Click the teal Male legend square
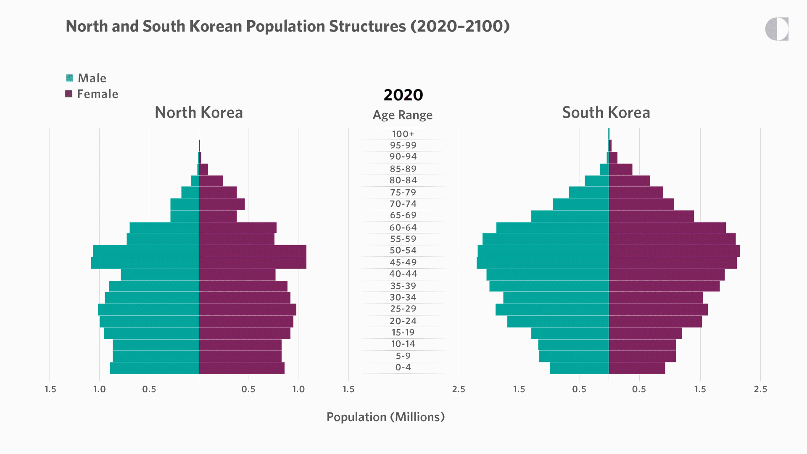point(70,78)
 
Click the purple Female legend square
point(69,94)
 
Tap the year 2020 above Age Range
point(403,95)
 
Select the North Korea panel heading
point(199,113)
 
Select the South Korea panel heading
point(606,113)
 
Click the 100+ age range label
point(403,134)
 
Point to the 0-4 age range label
point(403,367)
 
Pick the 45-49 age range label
point(403,262)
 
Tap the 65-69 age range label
point(403,215)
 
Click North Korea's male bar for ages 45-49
point(145,263)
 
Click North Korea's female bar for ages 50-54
point(253,251)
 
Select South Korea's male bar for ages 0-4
point(579,368)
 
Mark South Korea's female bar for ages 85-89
point(620,169)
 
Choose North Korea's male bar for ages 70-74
point(185,204)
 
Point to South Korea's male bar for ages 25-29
point(552,309)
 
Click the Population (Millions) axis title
point(385,417)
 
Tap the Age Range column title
point(403,115)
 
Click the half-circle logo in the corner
point(777,29)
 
